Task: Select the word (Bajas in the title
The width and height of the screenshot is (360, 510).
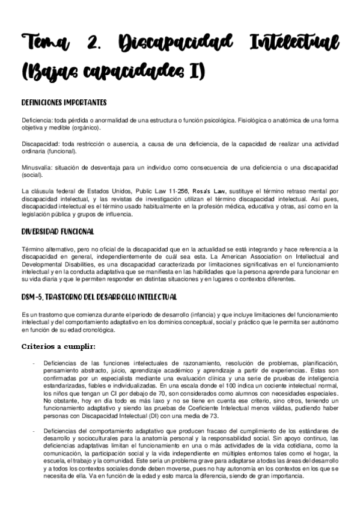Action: [x=49, y=73]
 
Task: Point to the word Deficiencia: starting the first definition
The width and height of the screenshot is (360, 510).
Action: [x=37, y=120]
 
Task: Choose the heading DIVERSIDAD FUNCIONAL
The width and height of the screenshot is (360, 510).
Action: [x=57, y=231]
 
